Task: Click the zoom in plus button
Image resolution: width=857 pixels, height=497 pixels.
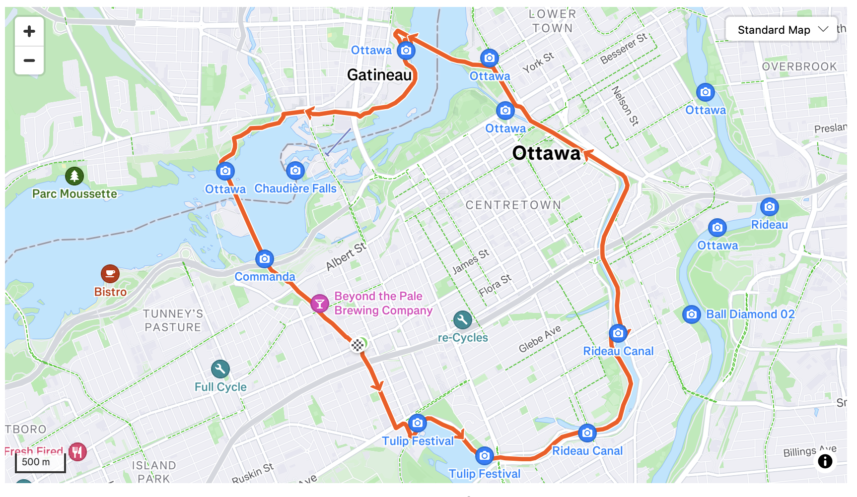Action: click(x=29, y=31)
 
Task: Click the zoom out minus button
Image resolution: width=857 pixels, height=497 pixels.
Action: click(x=29, y=61)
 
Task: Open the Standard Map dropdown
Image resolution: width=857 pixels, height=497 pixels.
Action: click(x=782, y=30)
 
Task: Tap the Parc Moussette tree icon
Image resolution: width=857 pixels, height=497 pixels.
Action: click(x=74, y=176)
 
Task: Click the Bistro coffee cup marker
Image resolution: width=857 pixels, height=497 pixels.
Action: click(x=110, y=273)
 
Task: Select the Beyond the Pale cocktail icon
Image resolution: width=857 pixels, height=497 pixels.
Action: click(x=320, y=304)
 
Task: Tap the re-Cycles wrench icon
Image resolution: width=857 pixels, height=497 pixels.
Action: click(x=462, y=320)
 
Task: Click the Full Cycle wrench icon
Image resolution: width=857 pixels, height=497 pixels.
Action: click(x=220, y=369)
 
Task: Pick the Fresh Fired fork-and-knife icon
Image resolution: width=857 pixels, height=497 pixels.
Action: click(x=77, y=452)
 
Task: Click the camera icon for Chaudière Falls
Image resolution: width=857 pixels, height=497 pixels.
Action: click(x=295, y=171)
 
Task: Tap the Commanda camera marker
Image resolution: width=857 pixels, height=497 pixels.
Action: click(x=265, y=258)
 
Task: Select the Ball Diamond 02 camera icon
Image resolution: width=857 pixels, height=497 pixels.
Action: click(x=692, y=314)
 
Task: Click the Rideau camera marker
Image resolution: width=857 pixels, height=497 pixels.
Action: click(x=769, y=206)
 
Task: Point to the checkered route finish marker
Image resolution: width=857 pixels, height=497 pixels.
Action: click(x=357, y=345)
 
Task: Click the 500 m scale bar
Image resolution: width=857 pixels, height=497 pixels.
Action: click(x=40, y=462)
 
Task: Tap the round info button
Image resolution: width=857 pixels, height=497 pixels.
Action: click(x=825, y=461)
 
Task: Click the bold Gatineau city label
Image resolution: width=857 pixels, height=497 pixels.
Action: click(x=379, y=75)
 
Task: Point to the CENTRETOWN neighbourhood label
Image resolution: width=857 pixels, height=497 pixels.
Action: click(x=513, y=205)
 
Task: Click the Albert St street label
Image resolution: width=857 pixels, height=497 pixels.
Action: click(x=346, y=256)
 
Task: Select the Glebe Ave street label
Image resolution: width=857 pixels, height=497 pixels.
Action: click(x=540, y=339)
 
